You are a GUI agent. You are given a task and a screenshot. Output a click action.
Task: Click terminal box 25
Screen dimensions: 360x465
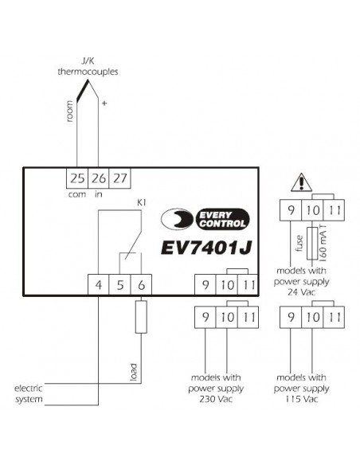[x=77, y=178]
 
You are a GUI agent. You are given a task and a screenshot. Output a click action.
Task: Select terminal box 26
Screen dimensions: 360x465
[x=99, y=178]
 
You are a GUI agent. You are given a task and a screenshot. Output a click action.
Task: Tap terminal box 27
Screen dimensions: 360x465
[x=119, y=178]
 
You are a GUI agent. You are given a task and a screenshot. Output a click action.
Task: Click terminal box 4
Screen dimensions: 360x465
[x=99, y=285]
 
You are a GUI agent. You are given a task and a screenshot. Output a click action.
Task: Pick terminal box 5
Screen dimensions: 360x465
[x=119, y=285]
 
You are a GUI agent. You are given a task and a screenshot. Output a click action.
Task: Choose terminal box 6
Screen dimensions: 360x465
[x=141, y=285]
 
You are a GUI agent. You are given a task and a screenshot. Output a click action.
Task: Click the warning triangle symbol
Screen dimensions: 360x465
[x=301, y=182]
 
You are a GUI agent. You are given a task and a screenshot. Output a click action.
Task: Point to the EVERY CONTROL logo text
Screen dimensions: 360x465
[x=222, y=219]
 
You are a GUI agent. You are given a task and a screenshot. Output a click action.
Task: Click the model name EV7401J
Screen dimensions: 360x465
[x=206, y=248]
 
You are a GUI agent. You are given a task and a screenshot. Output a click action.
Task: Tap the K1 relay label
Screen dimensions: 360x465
[x=142, y=203]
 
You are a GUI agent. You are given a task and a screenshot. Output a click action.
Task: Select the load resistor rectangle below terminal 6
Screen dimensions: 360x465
[x=141, y=317]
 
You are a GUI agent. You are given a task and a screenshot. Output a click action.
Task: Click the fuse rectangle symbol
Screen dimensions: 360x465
[x=312, y=244]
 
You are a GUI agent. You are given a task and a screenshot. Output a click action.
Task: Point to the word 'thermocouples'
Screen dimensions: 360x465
[x=88, y=72]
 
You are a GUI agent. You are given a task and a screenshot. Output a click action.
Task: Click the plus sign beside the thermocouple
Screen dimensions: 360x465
[x=104, y=104]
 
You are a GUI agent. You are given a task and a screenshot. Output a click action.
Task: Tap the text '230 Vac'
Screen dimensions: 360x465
[x=216, y=399]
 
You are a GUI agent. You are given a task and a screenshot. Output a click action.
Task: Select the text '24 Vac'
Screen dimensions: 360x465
[x=301, y=292]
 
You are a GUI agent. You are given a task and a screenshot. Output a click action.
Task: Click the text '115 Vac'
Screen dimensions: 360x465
[x=302, y=399]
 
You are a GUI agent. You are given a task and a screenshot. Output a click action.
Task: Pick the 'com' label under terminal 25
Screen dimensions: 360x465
[x=77, y=195]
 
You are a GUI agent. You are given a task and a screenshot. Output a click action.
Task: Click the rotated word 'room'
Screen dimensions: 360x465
[x=69, y=111]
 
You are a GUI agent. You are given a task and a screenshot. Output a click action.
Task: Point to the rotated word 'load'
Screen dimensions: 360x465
[x=134, y=372]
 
